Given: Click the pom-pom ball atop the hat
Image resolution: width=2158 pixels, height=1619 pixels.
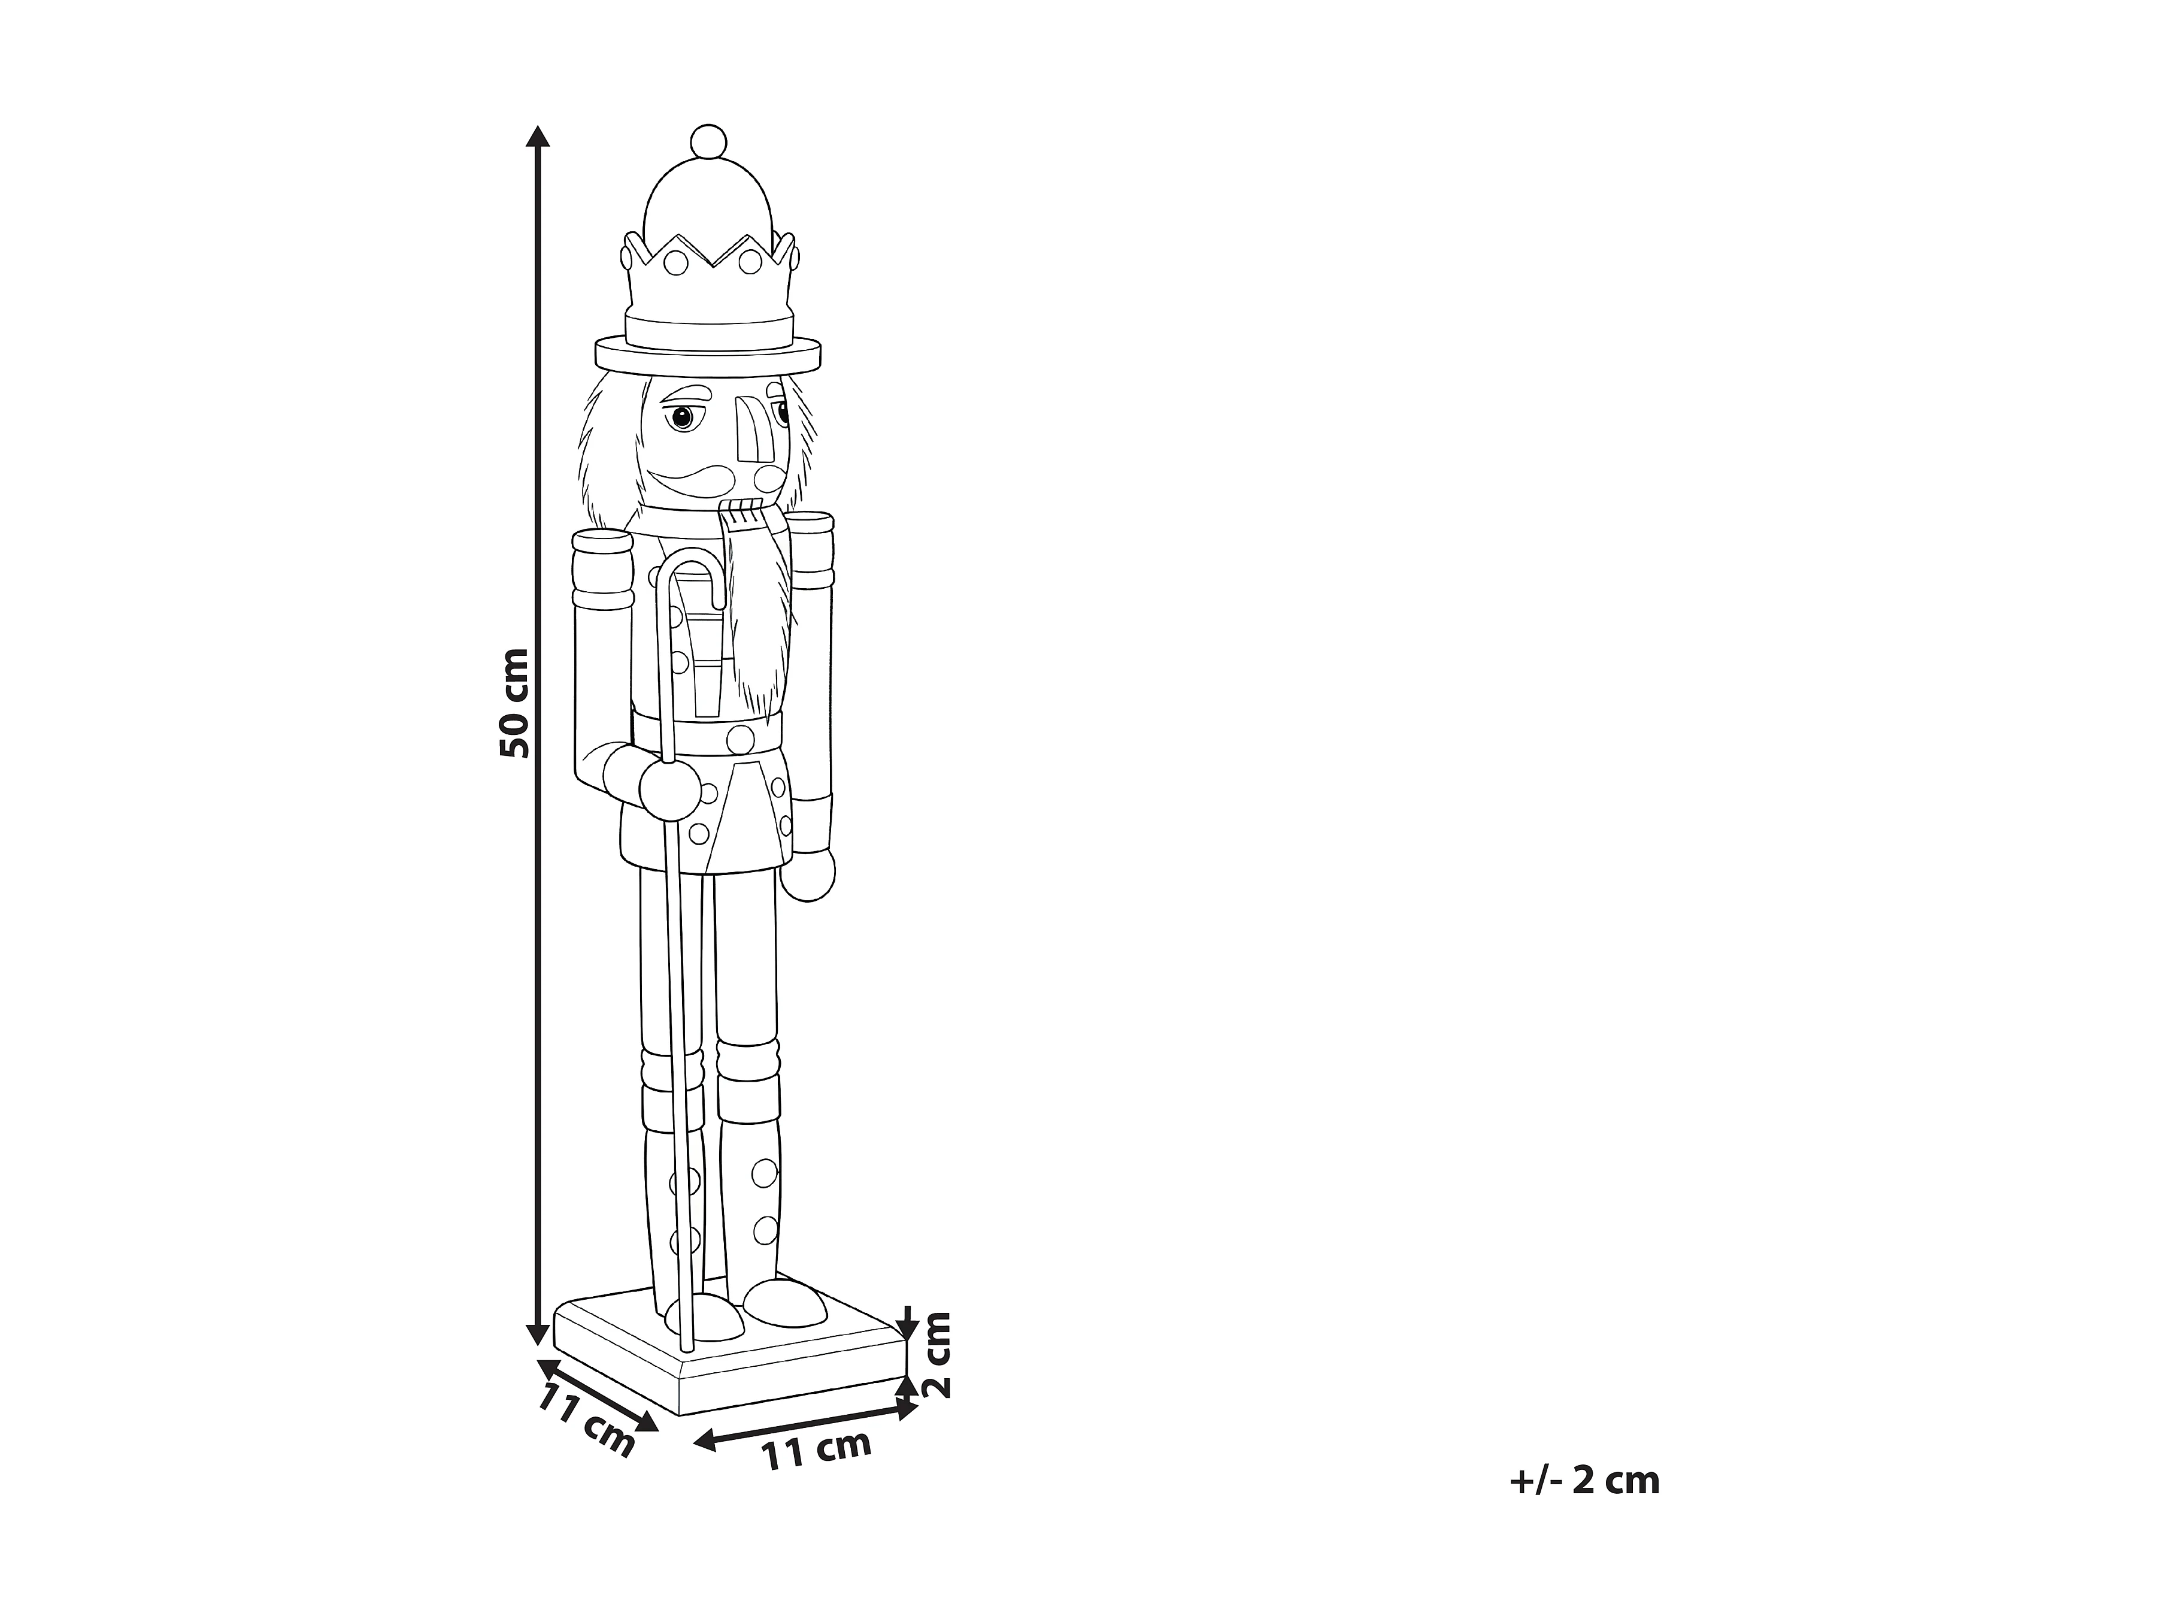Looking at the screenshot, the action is coord(708,143).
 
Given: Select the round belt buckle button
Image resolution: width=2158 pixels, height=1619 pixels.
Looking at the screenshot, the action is coord(741,738).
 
